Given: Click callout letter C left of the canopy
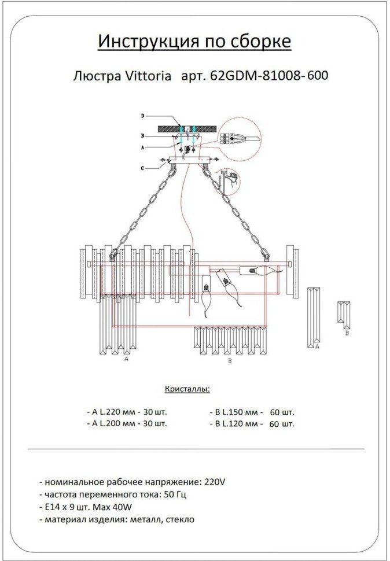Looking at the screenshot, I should (142, 168).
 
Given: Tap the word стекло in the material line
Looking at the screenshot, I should (180, 519).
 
